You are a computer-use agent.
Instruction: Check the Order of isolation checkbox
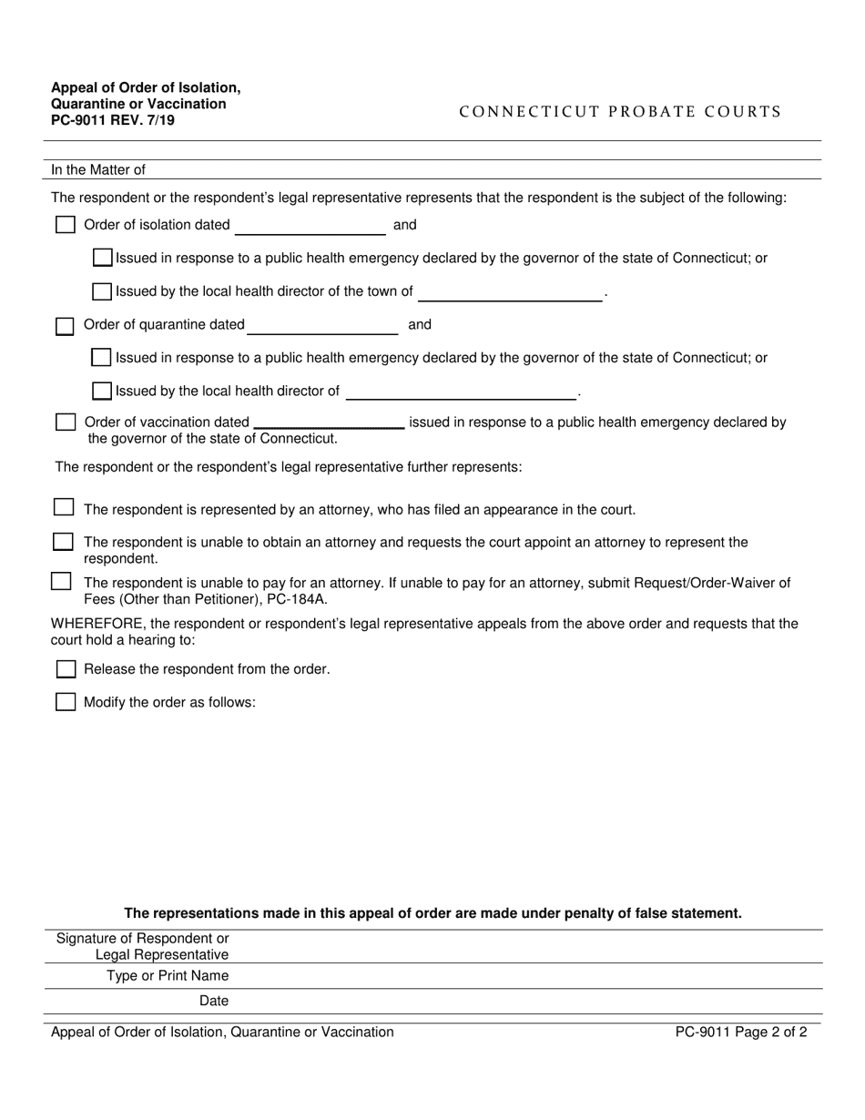pyautogui.click(x=66, y=225)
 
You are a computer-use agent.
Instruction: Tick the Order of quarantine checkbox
pyautogui.click(x=66, y=326)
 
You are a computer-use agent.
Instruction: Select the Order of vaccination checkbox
pyautogui.click(x=66, y=423)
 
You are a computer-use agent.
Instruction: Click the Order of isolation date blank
pyautogui.click(x=310, y=226)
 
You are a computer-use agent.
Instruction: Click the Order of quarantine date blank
pyautogui.click(x=322, y=325)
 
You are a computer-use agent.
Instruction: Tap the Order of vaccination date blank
pyautogui.click(x=329, y=422)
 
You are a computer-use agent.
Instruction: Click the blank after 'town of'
pyautogui.click(x=510, y=292)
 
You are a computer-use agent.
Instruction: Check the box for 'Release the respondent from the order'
pyautogui.click(x=66, y=669)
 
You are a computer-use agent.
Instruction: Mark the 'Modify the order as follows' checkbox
pyautogui.click(x=66, y=702)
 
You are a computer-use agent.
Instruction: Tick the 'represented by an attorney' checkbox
pyautogui.click(x=64, y=507)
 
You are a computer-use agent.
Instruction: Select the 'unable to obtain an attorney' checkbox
pyautogui.click(x=64, y=542)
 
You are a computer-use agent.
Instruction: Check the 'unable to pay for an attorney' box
pyautogui.click(x=61, y=581)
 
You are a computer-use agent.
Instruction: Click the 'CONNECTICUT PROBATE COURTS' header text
pyautogui.click(x=620, y=112)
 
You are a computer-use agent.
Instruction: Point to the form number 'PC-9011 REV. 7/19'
pyautogui.click(x=113, y=119)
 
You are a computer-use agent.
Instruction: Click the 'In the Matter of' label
pyautogui.click(x=98, y=169)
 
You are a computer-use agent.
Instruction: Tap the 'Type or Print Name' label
pyautogui.click(x=168, y=976)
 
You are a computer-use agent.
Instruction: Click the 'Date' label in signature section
pyautogui.click(x=214, y=1002)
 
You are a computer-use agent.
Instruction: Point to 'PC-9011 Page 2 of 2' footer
pyautogui.click(x=740, y=1033)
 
